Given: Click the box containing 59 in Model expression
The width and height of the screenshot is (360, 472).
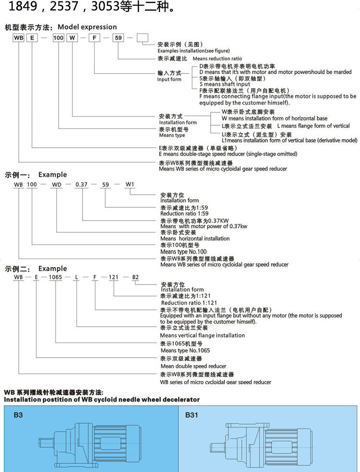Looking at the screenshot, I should click(118, 37).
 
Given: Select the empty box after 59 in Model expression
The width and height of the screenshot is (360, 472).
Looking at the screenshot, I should click(143, 37).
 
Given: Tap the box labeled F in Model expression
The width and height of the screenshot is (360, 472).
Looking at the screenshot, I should click(95, 37).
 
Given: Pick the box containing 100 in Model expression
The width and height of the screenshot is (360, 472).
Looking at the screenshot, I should click(58, 37).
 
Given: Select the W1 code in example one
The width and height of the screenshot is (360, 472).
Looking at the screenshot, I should click(130, 184).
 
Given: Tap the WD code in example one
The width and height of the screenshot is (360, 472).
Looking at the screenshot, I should click(57, 184).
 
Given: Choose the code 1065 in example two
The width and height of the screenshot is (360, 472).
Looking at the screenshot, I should click(56, 278).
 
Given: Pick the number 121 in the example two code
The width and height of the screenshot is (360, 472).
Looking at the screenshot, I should click(114, 278).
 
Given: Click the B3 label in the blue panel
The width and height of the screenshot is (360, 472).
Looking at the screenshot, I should click(18, 415).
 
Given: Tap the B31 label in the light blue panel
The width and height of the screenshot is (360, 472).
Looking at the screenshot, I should click(192, 415).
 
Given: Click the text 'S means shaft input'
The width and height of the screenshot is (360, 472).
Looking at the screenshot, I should click(224, 84).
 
